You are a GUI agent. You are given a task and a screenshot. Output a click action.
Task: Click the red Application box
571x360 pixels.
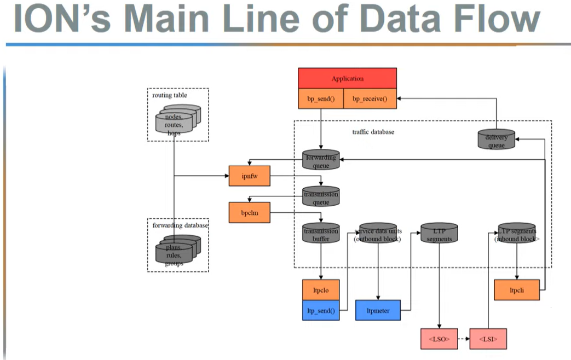point(347,78)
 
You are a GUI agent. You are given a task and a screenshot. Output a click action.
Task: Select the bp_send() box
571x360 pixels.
point(321,99)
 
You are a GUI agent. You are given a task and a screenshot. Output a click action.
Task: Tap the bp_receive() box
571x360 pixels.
point(370,99)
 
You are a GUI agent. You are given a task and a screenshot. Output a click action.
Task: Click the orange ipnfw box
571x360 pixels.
point(249,176)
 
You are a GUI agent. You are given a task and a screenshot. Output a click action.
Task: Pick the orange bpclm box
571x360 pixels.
point(249,212)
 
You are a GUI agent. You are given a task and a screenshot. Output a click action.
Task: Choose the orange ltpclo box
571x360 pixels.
point(321,290)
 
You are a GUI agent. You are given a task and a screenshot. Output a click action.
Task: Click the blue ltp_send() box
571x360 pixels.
point(321,310)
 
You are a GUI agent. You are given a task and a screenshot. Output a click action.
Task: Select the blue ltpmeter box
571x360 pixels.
point(378,310)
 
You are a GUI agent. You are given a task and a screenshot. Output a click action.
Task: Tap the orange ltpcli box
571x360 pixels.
point(516,290)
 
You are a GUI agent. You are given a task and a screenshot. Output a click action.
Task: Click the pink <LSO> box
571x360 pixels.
point(439,339)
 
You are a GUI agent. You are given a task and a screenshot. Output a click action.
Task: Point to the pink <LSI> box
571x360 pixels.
point(488,339)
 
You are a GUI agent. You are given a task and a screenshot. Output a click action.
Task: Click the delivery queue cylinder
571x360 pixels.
point(496,141)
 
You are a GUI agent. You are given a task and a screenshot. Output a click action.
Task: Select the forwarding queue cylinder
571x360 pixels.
point(321,161)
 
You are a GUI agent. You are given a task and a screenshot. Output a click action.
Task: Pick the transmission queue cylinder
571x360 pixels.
point(321,198)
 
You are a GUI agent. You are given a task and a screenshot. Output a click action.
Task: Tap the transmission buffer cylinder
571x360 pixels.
point(321,234)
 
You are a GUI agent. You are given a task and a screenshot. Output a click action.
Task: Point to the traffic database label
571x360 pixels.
point(373,132)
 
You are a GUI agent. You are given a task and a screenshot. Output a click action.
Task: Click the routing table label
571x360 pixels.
point(170,95)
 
